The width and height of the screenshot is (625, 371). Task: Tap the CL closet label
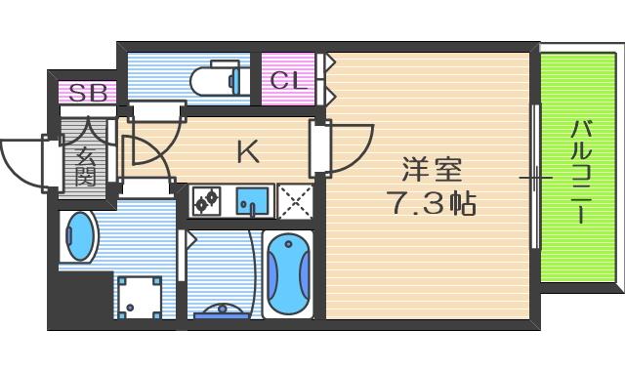[288, 80]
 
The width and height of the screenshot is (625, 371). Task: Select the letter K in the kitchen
[249, 151]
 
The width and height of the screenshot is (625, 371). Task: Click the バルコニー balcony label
[582, 172]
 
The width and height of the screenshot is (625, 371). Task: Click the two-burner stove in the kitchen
[207, 201]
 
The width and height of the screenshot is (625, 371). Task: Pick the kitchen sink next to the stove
[251, 201]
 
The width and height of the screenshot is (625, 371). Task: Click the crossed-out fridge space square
[294, 201]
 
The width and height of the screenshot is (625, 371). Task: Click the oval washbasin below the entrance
[79, 238]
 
